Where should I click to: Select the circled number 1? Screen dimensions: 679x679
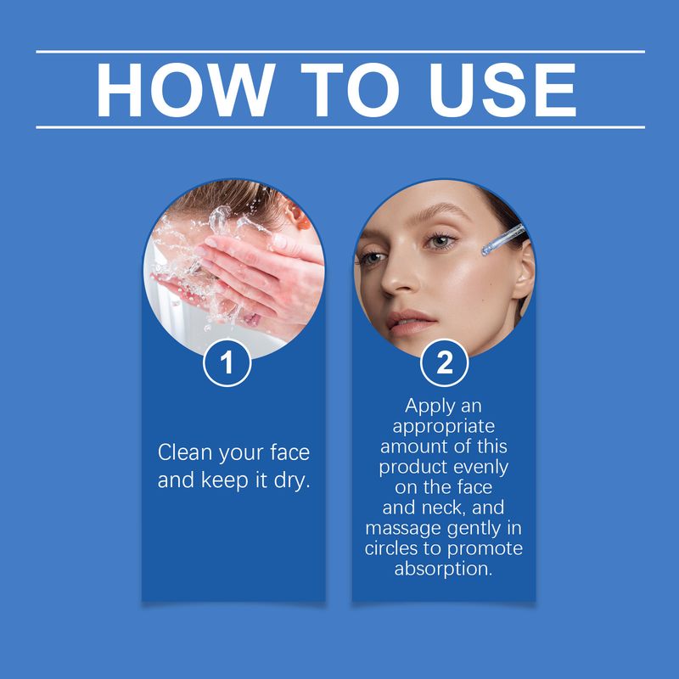coord(227,363)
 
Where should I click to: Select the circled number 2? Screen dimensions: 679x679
coord(444,363)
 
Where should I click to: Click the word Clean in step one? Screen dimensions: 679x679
coord(186,452)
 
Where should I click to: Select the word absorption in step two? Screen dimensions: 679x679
coord(444,569)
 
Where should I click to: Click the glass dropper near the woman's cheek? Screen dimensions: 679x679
coord(502,238)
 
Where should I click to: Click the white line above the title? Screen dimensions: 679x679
coord(339,52)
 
